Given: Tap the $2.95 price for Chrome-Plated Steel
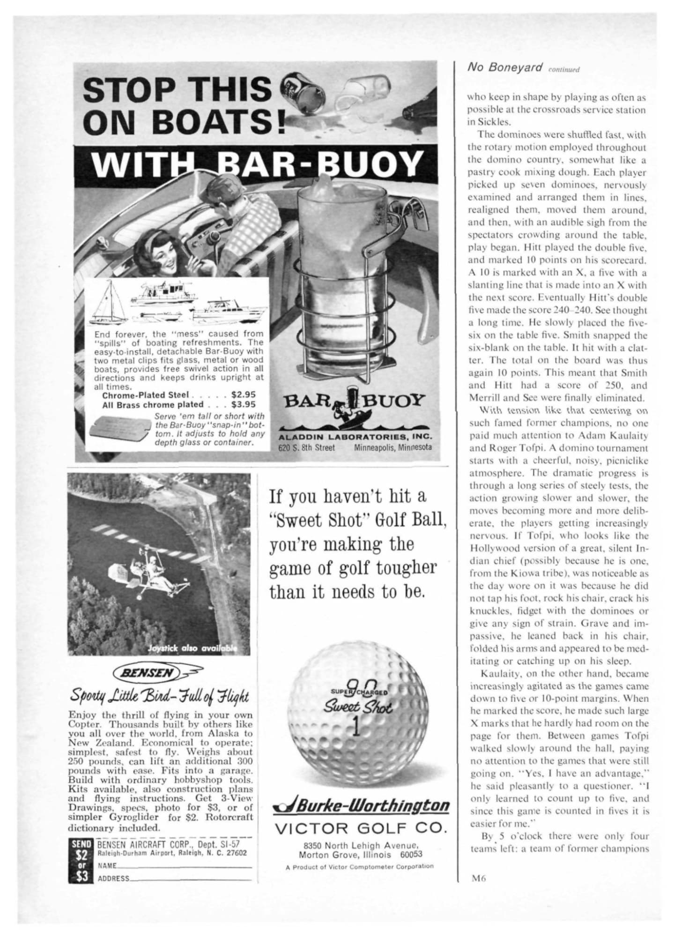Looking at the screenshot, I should tap(244, 395).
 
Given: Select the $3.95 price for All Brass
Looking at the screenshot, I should tap(244, 404).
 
